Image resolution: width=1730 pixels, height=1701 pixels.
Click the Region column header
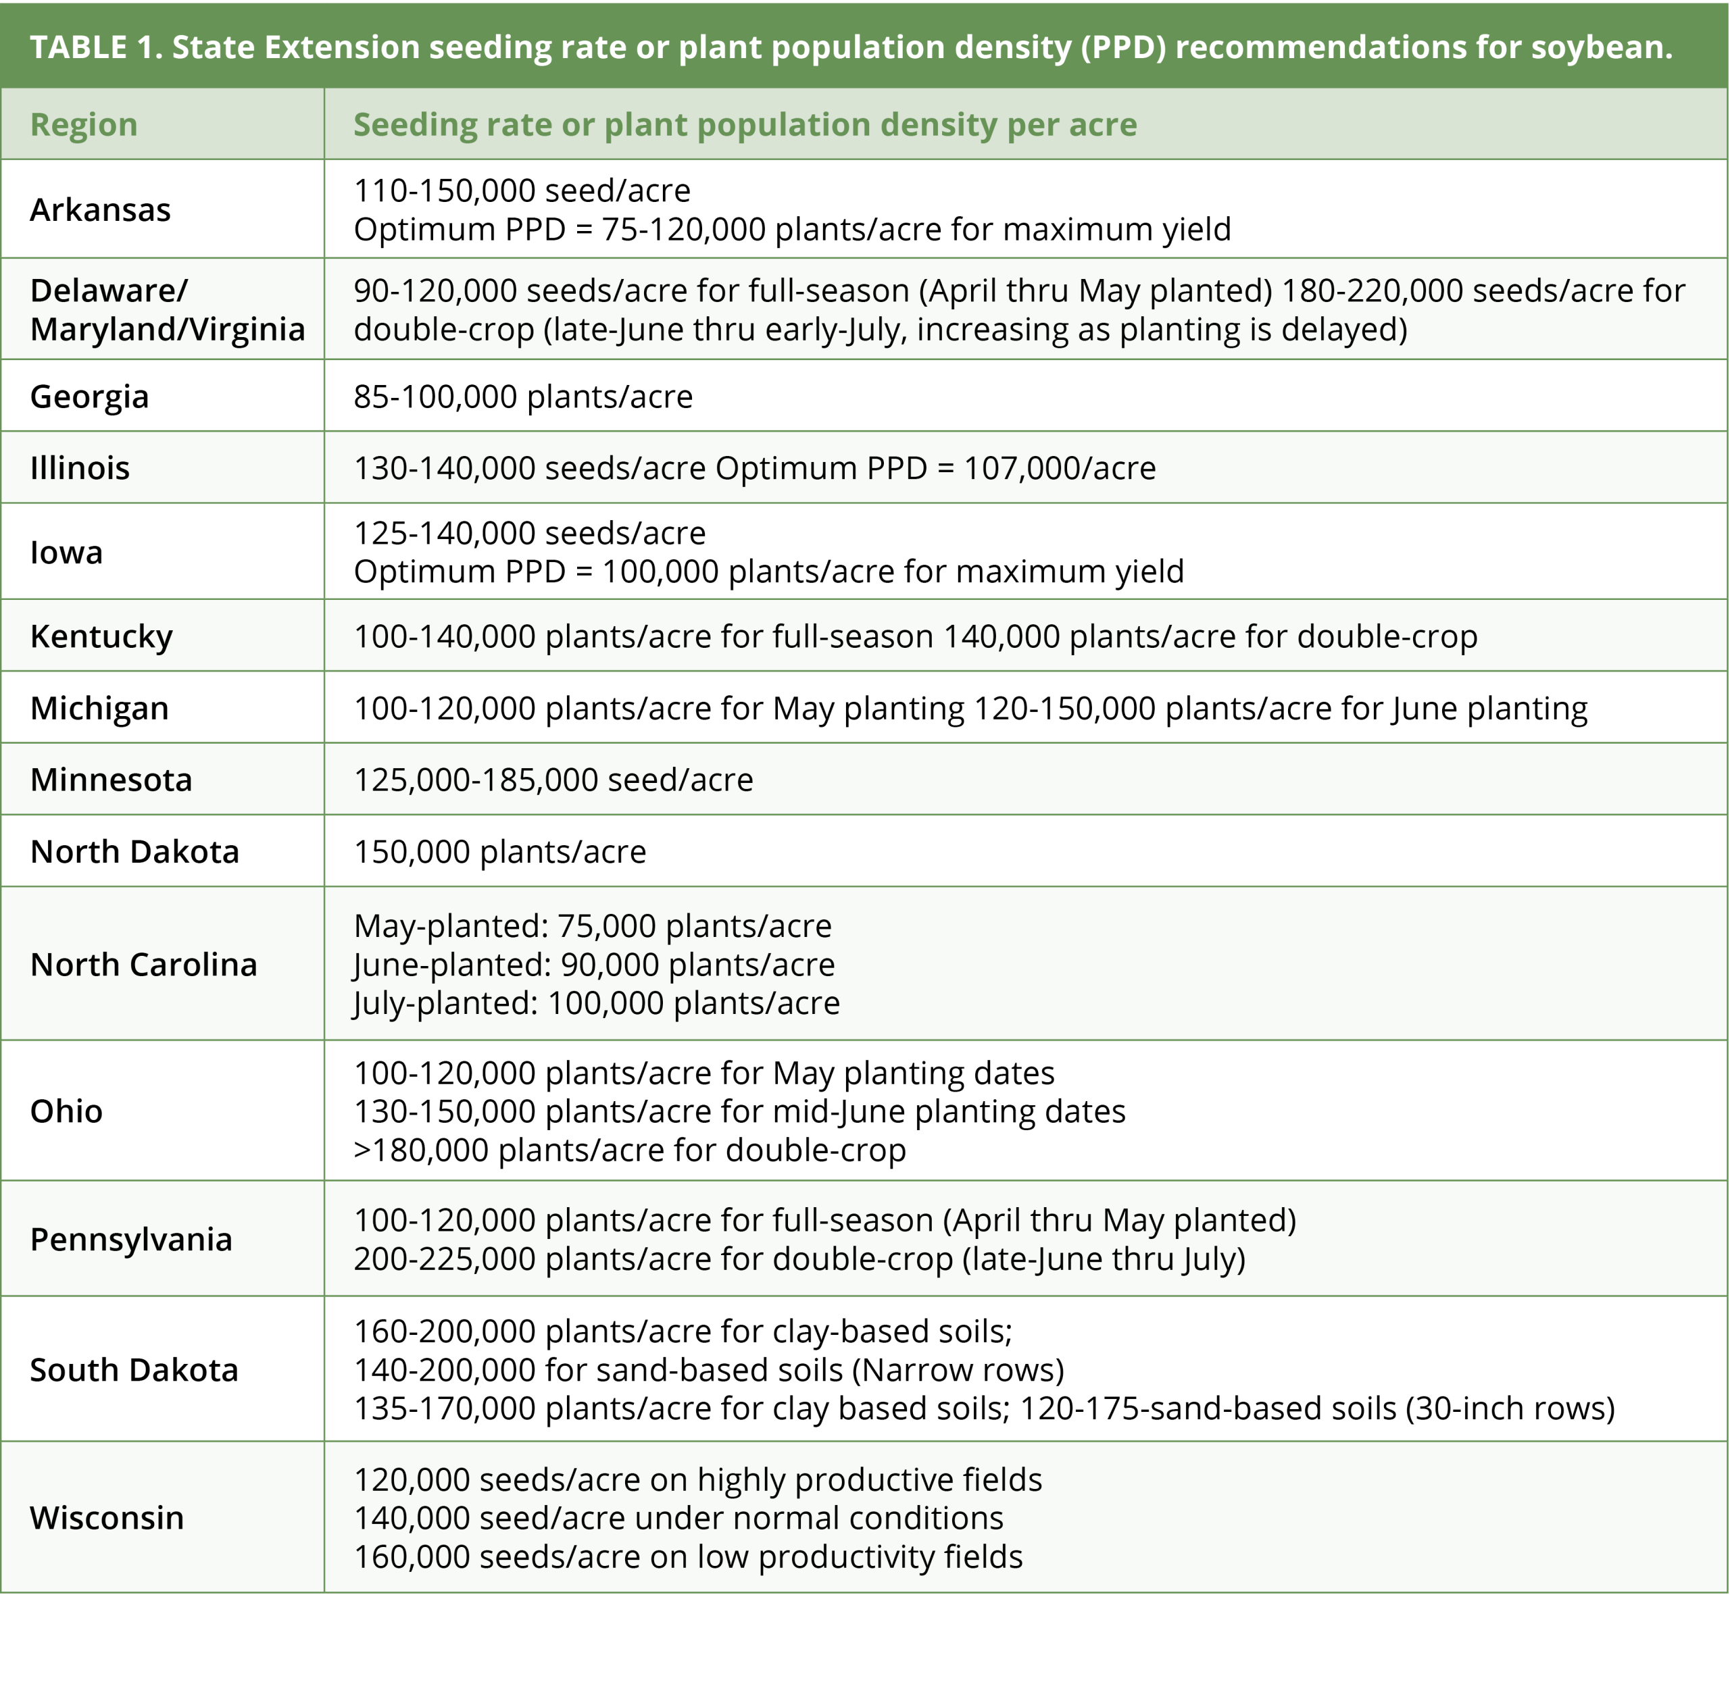pos(84,125)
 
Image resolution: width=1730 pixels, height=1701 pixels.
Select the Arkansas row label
pos(100,210)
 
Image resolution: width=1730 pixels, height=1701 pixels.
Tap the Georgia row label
pos(89,397)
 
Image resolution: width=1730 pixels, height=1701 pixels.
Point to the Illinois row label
pos(80,468)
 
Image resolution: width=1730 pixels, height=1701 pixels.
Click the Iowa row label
pos(66,553)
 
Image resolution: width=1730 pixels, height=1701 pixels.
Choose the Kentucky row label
pos(101,637)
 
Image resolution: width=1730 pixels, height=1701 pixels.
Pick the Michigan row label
pos(99,709)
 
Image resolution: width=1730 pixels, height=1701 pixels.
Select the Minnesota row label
pos(111,780)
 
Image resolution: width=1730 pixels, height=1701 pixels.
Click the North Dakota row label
pos(134,853)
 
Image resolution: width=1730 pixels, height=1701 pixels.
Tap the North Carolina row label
pos(143,965)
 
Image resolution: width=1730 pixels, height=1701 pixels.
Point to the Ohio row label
pos(66,1111)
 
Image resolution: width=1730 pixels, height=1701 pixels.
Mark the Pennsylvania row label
pos(130,1240)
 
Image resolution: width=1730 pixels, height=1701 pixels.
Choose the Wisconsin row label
pos(106,1518)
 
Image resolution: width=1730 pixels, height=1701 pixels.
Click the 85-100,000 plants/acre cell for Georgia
pos(523,397)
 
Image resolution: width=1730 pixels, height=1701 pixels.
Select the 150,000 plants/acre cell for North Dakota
pos(499,853)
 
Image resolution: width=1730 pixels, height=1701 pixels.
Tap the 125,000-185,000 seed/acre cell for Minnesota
pos(553,780)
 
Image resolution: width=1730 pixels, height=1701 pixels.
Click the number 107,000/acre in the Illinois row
pos(1059,468)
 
